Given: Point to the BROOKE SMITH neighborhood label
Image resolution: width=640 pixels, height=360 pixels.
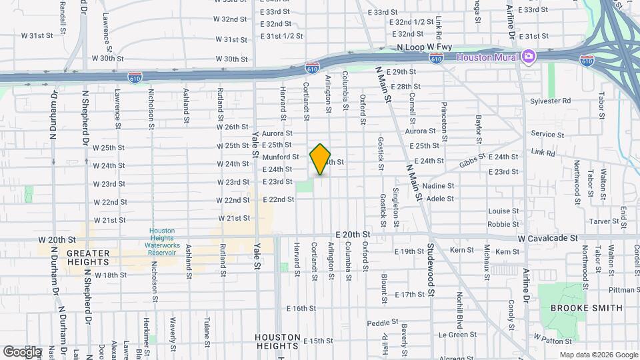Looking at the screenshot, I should click(587, 308).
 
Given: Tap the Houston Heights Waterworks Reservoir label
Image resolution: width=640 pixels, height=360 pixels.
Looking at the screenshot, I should click(161, 240).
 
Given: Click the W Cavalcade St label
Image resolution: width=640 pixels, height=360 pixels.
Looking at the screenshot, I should click(544, 238).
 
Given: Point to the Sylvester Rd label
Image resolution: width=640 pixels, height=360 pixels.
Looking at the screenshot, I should click(551, 101).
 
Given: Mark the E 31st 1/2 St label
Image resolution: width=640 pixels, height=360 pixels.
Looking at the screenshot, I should click(282, 36).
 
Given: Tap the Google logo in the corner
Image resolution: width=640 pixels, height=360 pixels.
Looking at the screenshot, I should click(22, 351).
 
